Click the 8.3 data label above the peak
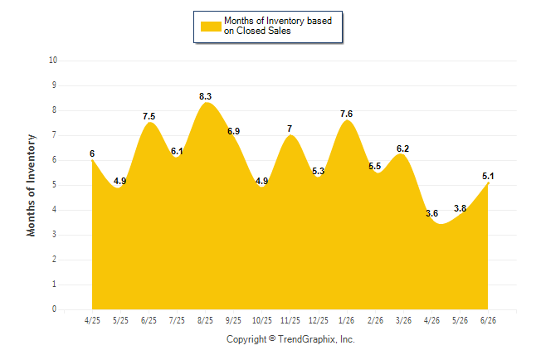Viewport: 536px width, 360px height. coord(206,96)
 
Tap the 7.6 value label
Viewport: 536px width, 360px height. coord(346,114)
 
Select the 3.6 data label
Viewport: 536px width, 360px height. coord(431,213)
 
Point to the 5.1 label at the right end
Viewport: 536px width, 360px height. coord(488,176)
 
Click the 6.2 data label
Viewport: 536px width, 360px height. coord(402,148)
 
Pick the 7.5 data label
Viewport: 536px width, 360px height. coord(149,116)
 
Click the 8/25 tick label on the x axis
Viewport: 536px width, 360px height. coord(205,320)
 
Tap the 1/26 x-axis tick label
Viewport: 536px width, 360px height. coord(346,320)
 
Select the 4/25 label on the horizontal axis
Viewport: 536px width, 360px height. coord(92,320)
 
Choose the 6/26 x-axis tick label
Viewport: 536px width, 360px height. coord(488,320)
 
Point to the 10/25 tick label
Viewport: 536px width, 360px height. coord(262,320)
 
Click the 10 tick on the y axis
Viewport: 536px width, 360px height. coord(53,61)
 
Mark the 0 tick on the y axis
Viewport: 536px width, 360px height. coord(54,309)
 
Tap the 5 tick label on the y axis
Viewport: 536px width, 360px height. coord(54,185)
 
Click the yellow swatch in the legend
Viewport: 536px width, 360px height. coord(211,27)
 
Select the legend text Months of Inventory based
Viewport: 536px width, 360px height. coord(278,21)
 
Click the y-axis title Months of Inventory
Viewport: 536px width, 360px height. coord(31,185)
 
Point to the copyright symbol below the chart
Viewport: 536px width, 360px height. coord(272,338)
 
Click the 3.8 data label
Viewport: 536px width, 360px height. coord(460,208)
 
